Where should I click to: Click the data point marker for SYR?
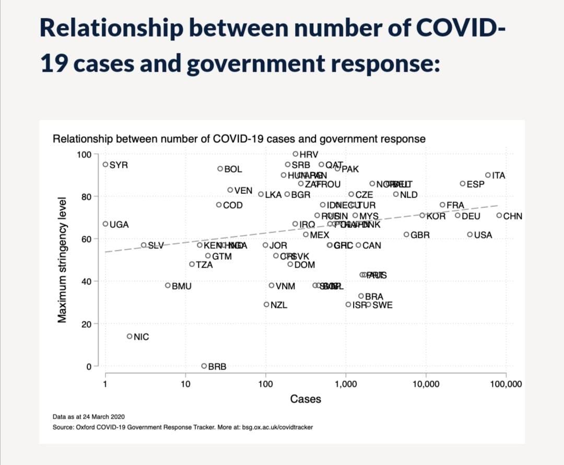[105, 164]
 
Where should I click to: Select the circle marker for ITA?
[488, 175]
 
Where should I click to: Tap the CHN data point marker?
[499, 215]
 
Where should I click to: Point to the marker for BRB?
[204, 366]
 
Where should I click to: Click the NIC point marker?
[130, 336]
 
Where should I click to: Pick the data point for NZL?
[266, 304]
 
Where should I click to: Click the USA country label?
[483, 235]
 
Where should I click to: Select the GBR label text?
[420, 235]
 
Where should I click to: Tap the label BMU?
[182, 286]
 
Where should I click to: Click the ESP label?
[475, 184]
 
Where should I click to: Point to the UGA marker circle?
[105, 224]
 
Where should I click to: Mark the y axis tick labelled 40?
[87, 282]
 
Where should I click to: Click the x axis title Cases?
[305, 399]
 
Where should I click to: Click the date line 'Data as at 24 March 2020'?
[89, 417]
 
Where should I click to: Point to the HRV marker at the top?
[296, 154]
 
